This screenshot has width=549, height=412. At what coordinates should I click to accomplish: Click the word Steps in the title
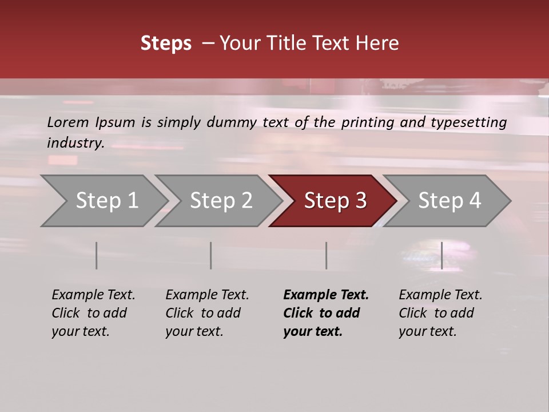coord(166,43)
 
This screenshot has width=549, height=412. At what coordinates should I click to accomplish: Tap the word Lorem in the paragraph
coord(68,122)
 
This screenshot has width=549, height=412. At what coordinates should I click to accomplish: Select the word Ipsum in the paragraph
coord(115,122)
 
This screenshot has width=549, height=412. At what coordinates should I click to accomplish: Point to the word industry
coord(75,142)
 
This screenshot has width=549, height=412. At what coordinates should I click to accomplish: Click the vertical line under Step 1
coord(97,255)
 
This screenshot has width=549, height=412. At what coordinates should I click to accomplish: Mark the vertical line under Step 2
coord(211,255)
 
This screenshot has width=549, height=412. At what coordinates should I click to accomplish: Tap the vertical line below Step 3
coord(326,255)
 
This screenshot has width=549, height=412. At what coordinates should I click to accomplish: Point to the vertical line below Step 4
coord(441,255)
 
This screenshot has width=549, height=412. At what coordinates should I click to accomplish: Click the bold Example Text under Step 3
coord(326,295)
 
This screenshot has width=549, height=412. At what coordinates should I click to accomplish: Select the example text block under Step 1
coord(93,313)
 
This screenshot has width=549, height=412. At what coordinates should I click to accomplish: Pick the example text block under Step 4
coord(440,313)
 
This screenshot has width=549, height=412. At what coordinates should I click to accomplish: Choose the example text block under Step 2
coord(207,313)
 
